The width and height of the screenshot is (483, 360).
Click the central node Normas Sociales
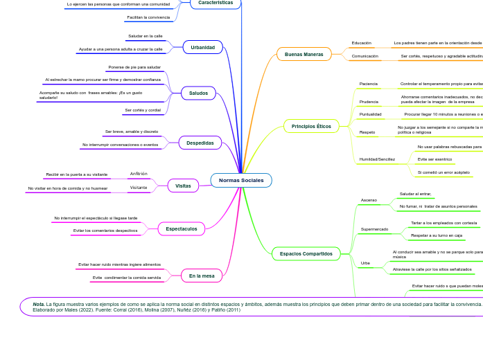pos(241,181)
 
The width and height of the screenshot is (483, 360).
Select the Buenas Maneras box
pos(304,54)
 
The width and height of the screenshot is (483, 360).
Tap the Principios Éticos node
pos(311,126)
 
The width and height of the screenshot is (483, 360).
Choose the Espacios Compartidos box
pos(306,254)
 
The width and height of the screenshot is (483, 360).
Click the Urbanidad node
pos(203,47)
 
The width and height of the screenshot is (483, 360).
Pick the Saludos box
pos(198,93)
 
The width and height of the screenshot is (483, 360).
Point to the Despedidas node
pos(200,143)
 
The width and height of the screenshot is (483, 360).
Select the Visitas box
pos(183,186)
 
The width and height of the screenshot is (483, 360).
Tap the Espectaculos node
pos(182,228)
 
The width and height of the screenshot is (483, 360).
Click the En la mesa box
pos(202,276)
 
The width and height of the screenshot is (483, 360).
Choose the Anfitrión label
pos(139,174)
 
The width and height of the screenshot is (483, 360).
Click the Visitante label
pos(139,188)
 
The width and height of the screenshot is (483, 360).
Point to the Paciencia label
pos(369,84)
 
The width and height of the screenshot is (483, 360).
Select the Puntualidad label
pos(370,114)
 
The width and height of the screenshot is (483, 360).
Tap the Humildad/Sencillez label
pos(377,159)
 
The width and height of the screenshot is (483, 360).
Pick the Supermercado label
pos(375,228)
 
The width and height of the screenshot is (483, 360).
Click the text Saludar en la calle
pos(146,36)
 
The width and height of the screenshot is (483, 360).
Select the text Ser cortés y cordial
pos(143,110)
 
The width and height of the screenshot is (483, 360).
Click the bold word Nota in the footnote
pos(39,304)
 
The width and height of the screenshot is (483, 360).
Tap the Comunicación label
pos(365,56)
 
